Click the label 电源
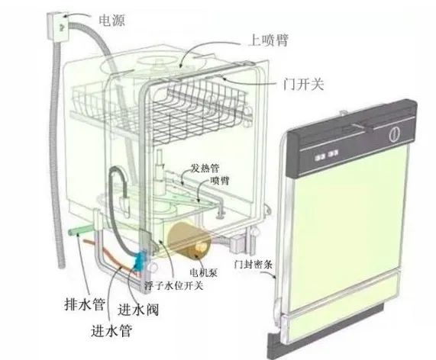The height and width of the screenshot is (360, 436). (x=112, y=21)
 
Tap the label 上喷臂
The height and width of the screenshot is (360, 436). (x=268, y=40)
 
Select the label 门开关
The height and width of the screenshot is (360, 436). (x=304, y=84)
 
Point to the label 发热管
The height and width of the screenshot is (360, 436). (x=205, y=168)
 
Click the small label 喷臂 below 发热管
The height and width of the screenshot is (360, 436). (x=220, y=181)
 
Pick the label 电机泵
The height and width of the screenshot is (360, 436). (x=203, y=272)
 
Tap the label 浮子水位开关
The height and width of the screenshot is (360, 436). (x=174, y=285)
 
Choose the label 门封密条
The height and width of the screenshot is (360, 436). (x=253, y=264)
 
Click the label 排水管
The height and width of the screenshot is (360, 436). (x=85, y=304)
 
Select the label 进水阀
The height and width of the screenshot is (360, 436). (x=138, y=310)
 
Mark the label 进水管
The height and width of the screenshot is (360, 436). (x=111, y=330)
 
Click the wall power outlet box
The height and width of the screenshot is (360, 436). (x=57, y=27)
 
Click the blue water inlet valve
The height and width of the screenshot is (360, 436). (x=140, y=260)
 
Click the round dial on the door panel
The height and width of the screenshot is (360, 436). (x=395, y=134)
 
